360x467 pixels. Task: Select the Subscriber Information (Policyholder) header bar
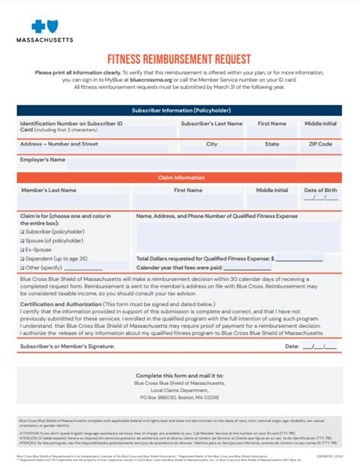179,110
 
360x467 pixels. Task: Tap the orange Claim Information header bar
179,177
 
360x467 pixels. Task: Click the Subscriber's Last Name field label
211,123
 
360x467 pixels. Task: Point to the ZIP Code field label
320,144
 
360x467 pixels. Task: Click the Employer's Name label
43,160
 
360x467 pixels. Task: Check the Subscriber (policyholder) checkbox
22,232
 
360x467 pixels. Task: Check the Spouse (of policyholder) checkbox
22,241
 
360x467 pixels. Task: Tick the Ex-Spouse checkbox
22,250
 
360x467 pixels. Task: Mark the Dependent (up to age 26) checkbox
22,259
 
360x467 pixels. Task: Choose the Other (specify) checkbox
22,268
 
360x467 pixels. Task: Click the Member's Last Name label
48,190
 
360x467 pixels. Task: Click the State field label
272,144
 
